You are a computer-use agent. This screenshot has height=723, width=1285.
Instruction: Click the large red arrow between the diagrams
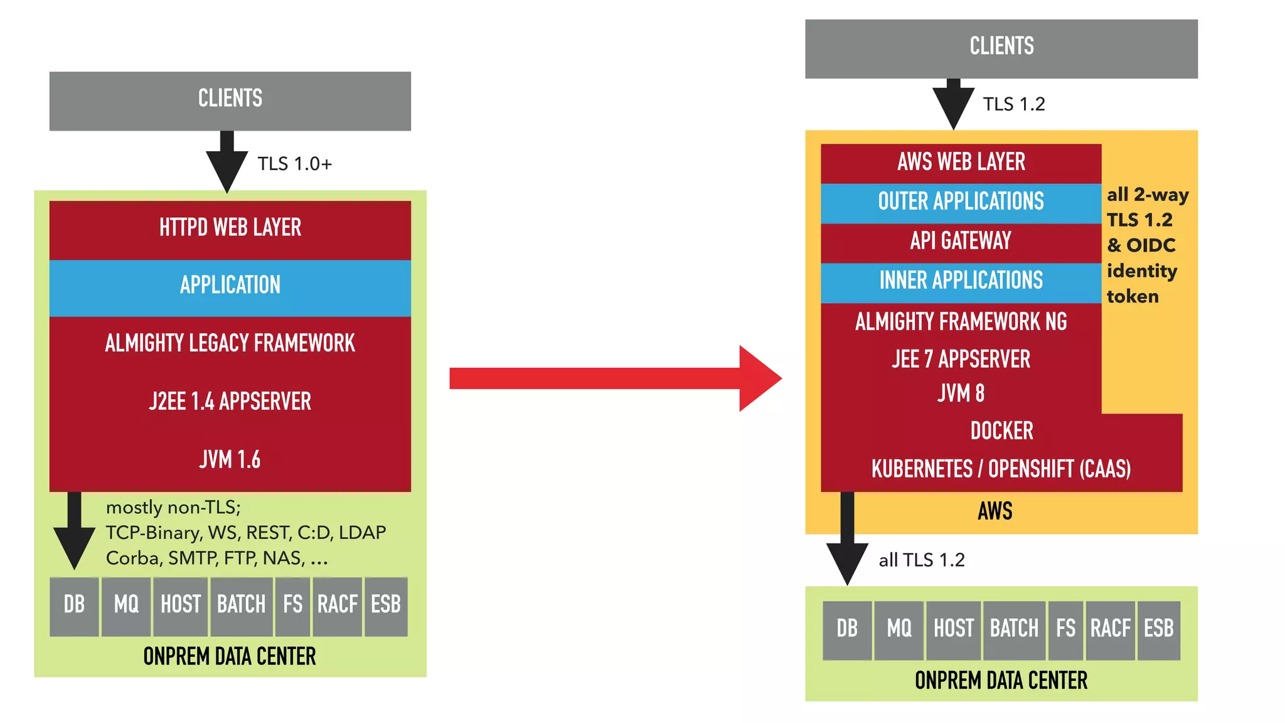coord(615,378)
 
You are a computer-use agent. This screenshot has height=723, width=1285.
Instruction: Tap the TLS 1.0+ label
coord(294,164)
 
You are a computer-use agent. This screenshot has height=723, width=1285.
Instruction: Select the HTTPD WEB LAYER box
coord(230,228)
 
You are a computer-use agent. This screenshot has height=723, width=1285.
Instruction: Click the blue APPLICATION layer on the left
coord(230,286)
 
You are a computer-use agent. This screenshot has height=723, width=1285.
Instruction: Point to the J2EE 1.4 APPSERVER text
coord(230,402)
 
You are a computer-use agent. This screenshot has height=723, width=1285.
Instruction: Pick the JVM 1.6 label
coord(230,460)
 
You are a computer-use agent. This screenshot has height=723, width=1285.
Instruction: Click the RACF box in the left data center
coord(338,605)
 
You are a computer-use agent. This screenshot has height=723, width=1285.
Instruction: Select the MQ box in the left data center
coord(126,605)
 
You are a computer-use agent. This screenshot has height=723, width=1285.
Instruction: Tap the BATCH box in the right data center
coord(1014,629)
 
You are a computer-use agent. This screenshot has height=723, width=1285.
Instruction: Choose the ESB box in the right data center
coord(1158,629)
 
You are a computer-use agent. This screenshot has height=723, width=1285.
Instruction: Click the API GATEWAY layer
coord(961,241)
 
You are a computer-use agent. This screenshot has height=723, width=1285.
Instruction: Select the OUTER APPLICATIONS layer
coord(961,201)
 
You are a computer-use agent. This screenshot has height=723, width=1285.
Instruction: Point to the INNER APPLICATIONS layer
coord(961,281)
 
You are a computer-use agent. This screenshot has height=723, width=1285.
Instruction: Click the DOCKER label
coord(1001,431)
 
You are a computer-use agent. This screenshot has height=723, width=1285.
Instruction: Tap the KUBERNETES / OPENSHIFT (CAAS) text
coord(1001,469)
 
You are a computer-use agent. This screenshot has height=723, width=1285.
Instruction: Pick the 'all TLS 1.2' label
coord(922,560)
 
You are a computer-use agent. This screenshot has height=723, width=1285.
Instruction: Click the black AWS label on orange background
coord(995,511)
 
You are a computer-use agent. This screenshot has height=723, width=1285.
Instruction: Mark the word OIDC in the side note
coord(1151,245)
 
